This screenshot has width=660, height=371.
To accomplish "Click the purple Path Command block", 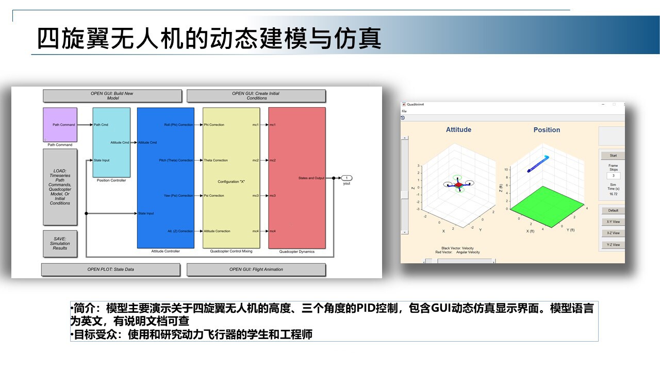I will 60,124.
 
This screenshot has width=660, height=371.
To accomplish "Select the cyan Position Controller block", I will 111,142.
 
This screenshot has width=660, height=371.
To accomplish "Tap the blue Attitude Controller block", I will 166,178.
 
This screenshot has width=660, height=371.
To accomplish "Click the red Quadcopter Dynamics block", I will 296,178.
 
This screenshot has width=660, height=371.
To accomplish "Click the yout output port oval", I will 347,178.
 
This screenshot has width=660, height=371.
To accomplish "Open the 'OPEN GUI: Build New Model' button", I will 112,96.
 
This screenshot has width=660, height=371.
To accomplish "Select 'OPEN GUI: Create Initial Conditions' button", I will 256,96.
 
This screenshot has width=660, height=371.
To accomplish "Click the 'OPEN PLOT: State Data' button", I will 110,269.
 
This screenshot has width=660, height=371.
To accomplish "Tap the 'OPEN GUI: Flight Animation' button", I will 256,269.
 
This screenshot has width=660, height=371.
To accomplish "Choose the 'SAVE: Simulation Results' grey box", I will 60,244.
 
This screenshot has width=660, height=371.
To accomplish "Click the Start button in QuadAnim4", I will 613,156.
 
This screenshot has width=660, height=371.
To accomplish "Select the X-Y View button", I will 613,222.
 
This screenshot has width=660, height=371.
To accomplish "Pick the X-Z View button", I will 613,233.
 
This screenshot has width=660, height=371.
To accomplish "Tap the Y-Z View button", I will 613,245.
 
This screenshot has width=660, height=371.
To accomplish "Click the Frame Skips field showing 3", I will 613,176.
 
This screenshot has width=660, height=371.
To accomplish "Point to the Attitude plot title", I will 458,130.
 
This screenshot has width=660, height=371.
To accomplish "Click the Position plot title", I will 547,130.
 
